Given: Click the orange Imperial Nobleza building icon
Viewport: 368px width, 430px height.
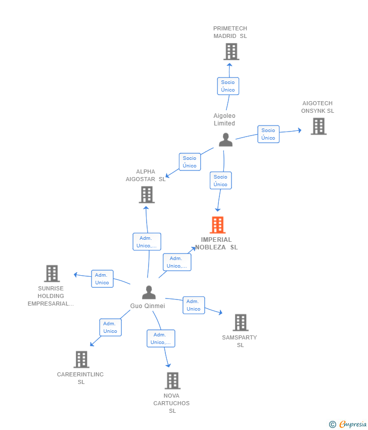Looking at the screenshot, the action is [x=218, y=225].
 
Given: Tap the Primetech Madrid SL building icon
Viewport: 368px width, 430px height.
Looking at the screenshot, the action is [x=232, y=52].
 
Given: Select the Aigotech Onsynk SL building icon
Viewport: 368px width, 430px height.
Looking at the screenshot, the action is [x=318, y=126].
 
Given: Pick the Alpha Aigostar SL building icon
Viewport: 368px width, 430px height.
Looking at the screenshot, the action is [x=147, y=195].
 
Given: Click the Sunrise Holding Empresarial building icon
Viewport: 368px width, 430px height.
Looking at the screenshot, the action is [x=52, y=273].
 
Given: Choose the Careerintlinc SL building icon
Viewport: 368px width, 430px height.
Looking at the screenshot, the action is [x=81, y=359].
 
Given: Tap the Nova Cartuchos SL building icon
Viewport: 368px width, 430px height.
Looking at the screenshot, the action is [x=173, y=380].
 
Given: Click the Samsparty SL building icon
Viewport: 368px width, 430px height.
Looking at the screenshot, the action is [x=241, y=323].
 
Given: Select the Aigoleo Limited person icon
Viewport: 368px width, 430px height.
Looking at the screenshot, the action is [x=226, y=140].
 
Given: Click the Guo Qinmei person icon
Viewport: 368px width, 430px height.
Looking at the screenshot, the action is [x=149, y=292].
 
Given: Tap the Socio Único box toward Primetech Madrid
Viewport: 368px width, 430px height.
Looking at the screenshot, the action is [x=228, y=86].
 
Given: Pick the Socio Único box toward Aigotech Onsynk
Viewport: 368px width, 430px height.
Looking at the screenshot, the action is [x=268, y=134].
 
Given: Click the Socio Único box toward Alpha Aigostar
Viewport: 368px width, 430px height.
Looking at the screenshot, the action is [x=190, y=162].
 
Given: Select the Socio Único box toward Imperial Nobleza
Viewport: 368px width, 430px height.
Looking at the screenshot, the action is [x=220, y=181].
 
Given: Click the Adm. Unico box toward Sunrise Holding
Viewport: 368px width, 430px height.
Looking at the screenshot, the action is [x=102, y=279].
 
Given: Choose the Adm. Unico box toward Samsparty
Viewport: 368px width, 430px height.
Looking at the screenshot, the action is [x=194, y=305].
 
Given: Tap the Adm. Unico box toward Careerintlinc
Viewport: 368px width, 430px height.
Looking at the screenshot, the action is [x=110, y=327].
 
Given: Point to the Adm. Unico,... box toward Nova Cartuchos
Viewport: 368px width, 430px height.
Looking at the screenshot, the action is [x=161, y=338].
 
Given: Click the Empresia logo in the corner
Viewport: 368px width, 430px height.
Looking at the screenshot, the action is [x=348, y=424].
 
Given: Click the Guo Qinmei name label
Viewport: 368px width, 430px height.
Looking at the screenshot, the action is [x=148, y=306].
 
